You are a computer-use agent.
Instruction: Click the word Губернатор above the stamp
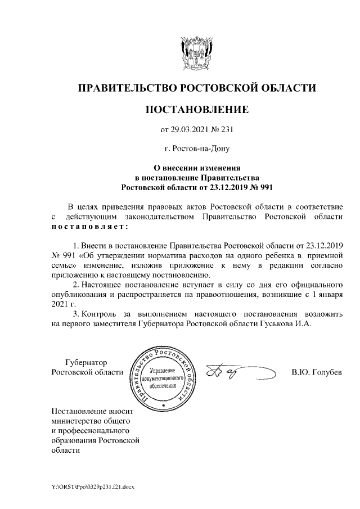pyautogui.click(x=85, y=362)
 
